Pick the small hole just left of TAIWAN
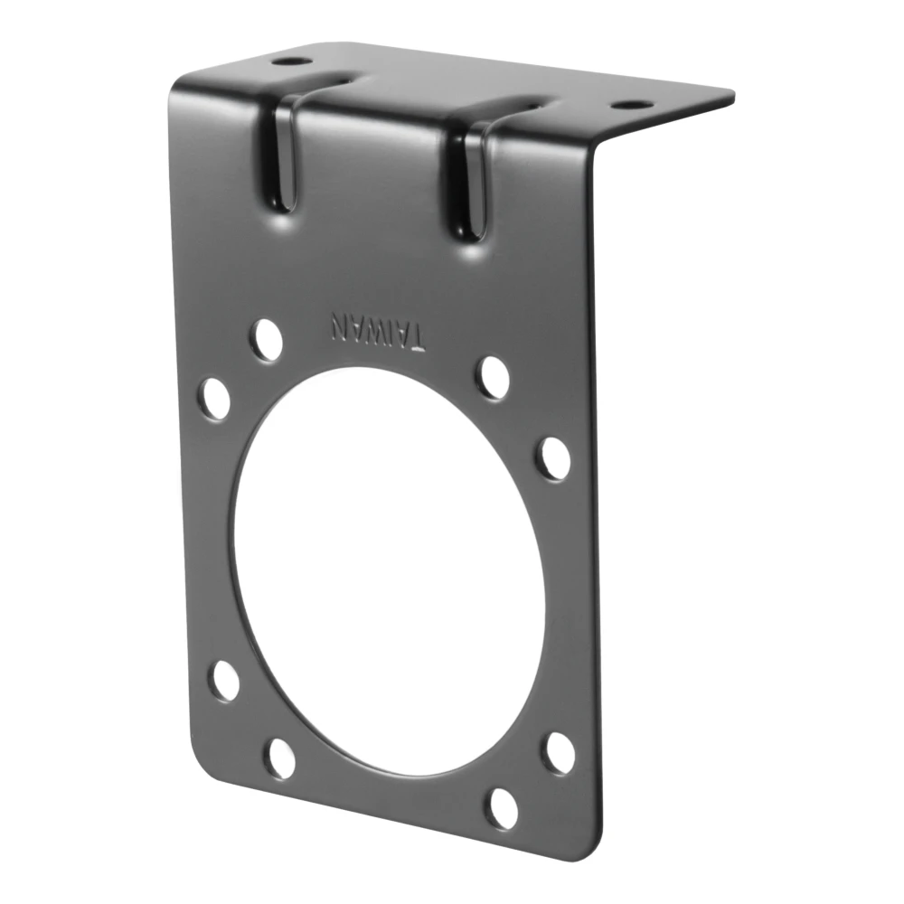click(267, 340)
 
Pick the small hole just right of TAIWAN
click(493, 377)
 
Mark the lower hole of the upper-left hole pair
click(215, 398)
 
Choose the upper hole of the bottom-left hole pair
click(225, 680)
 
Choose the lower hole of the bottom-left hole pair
click(280, 758)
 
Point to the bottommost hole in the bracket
click(501, 808)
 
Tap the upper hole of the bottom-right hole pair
click(559, 752)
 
